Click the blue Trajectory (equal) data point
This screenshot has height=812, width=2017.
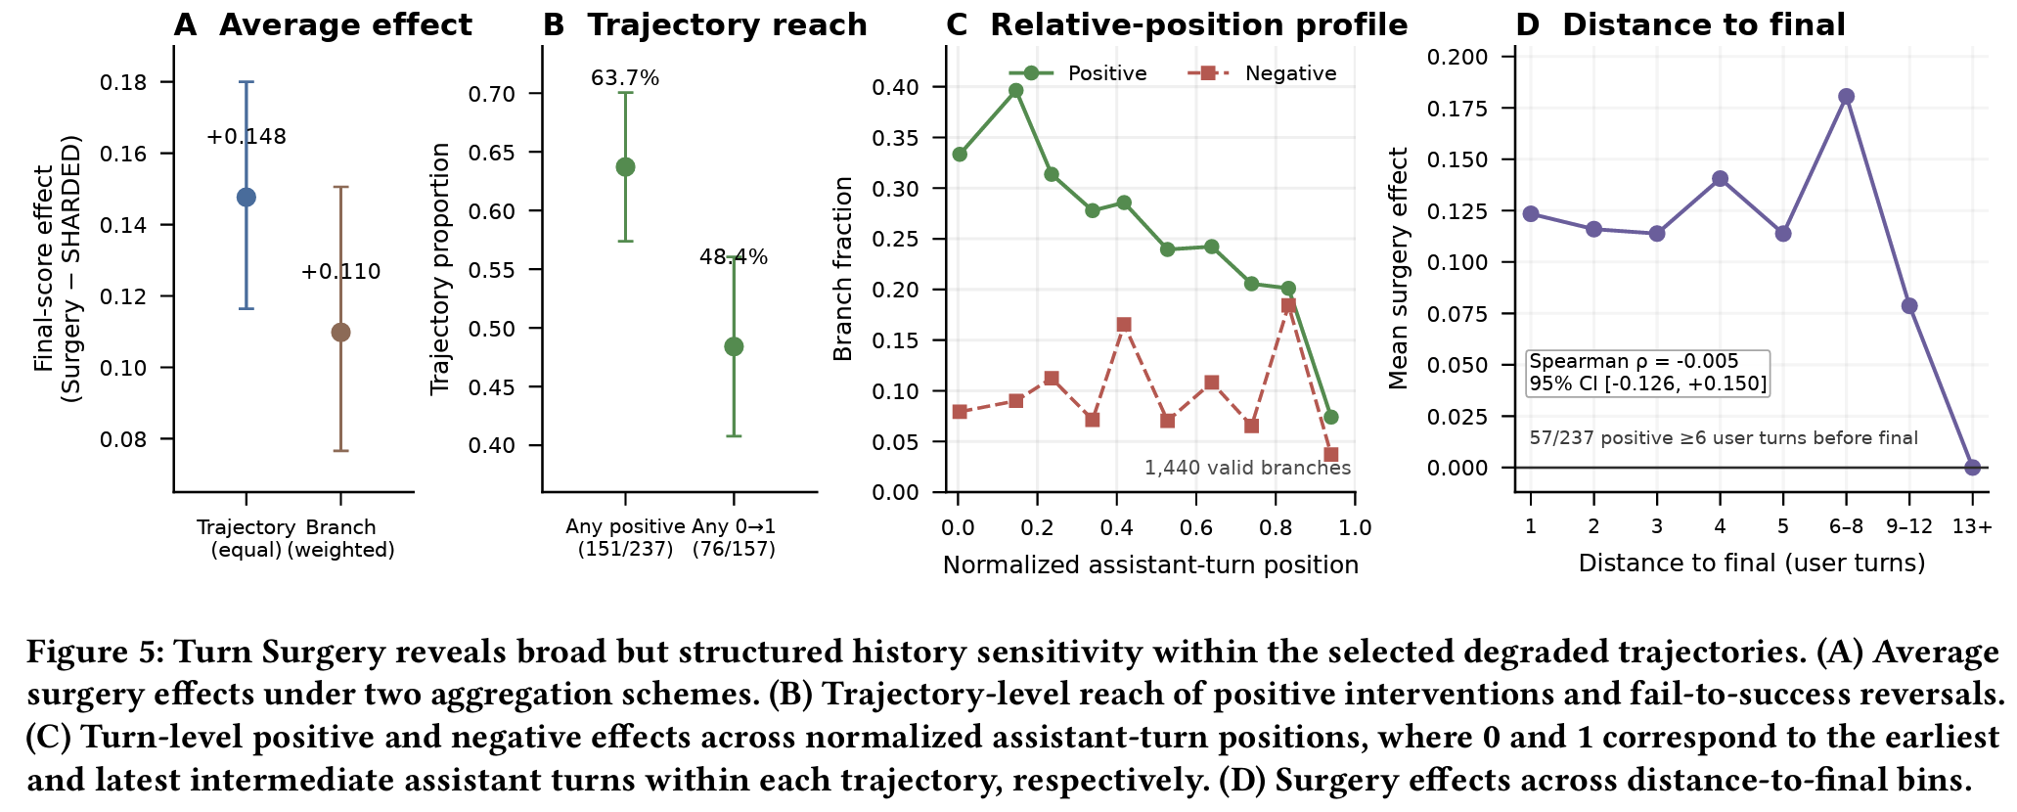click(247, 197)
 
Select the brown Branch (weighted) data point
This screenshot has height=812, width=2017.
click(340, 332)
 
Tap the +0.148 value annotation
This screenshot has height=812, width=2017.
click(247, 137)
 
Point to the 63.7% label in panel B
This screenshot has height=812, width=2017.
click(625, 78)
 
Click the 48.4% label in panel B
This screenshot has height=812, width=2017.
click(734, 257)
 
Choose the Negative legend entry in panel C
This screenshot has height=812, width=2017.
click(1262, 73)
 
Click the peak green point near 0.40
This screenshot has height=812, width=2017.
click(1015, 90)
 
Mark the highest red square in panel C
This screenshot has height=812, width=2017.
click(1288, 305)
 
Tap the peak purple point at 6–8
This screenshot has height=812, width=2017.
click(1846, 97)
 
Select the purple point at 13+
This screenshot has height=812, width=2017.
click(1972, 468)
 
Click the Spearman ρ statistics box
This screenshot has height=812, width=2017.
click(1648, 373)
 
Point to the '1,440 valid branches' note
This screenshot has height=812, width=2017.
click(1247, 468)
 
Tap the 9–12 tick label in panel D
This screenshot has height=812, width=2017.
click(1908, 526)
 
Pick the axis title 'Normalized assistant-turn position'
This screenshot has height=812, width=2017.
click(1150, 564)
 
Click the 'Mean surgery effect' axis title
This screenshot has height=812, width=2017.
click(1399, 269)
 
